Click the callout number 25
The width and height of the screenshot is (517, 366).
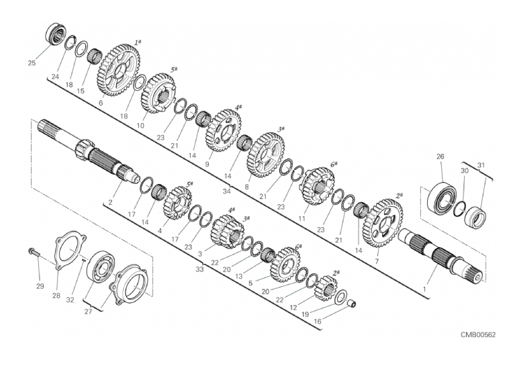pyautogui.click(x=32, y=62)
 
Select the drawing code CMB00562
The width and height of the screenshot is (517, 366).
pyautogui.click(x=478, y=334)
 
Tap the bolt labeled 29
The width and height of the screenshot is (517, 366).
pyautogui.click(x=34, y=252)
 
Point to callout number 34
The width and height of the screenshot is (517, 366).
pyautogui.click(x=226, y=191)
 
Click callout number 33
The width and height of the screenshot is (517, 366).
pyautogui.click(x=199, y=269)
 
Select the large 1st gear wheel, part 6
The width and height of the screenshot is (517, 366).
pyautogui.click(x=118, y=71)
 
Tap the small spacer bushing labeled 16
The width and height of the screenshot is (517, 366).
pyautogui.click(x=352, y=303)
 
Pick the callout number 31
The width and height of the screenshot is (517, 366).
pyautogui.click(x=481, y=165)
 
